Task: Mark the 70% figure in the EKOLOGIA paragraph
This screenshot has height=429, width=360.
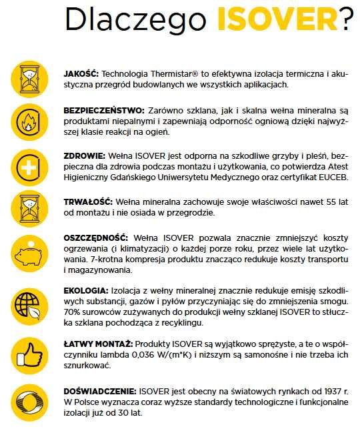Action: [73, 311]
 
